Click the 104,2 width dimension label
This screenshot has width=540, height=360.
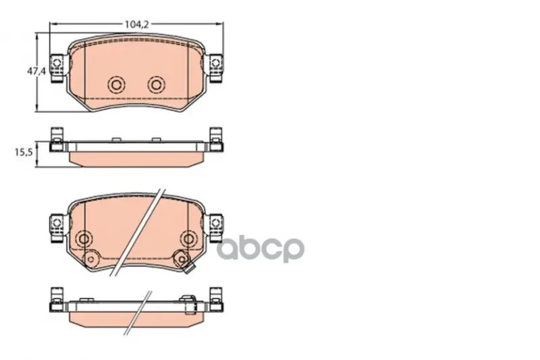click(x=136, y=24)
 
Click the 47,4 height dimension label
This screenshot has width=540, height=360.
click(x=36, y=72)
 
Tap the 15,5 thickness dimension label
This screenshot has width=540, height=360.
click(x=24, y=152)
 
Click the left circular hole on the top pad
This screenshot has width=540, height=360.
click(x=116, y=84)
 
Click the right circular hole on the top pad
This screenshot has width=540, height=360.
click(x=157, y=84)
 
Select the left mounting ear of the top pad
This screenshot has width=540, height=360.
click(x=57, y=68)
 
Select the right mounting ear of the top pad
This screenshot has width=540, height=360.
click(x=215, y=68)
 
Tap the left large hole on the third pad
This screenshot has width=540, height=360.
click(x=84, y=238)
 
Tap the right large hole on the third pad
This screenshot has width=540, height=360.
click(x=188, y=238)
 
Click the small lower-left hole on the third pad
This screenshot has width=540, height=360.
click(x=90, y=259)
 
